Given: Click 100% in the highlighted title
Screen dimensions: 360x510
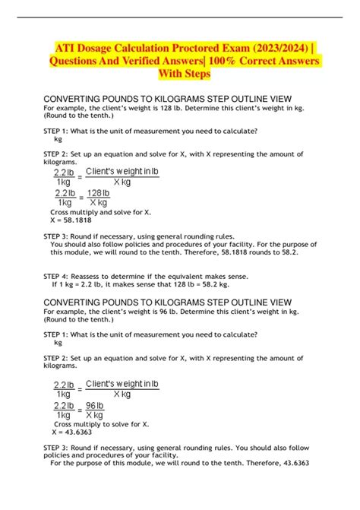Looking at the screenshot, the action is point(230,61).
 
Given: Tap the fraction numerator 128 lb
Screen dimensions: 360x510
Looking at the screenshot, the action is point(99,194).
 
